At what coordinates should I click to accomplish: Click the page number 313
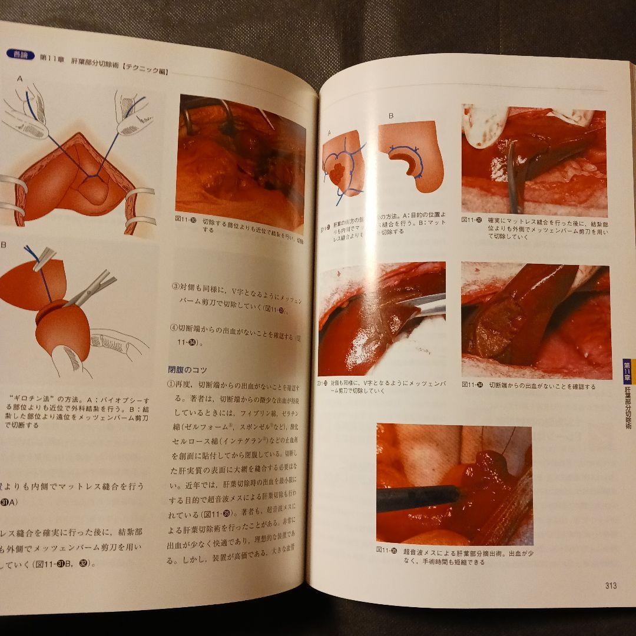click(610, 585)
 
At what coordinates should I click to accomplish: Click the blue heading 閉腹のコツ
click(188, 370)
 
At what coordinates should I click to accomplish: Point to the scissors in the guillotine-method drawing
click(91, 288)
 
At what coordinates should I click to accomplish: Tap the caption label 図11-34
click(472, 386)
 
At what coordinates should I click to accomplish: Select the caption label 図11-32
click(472, 220)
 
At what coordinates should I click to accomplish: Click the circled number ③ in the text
click(175, 287)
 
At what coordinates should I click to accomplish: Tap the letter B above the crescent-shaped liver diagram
click(390, 116)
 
